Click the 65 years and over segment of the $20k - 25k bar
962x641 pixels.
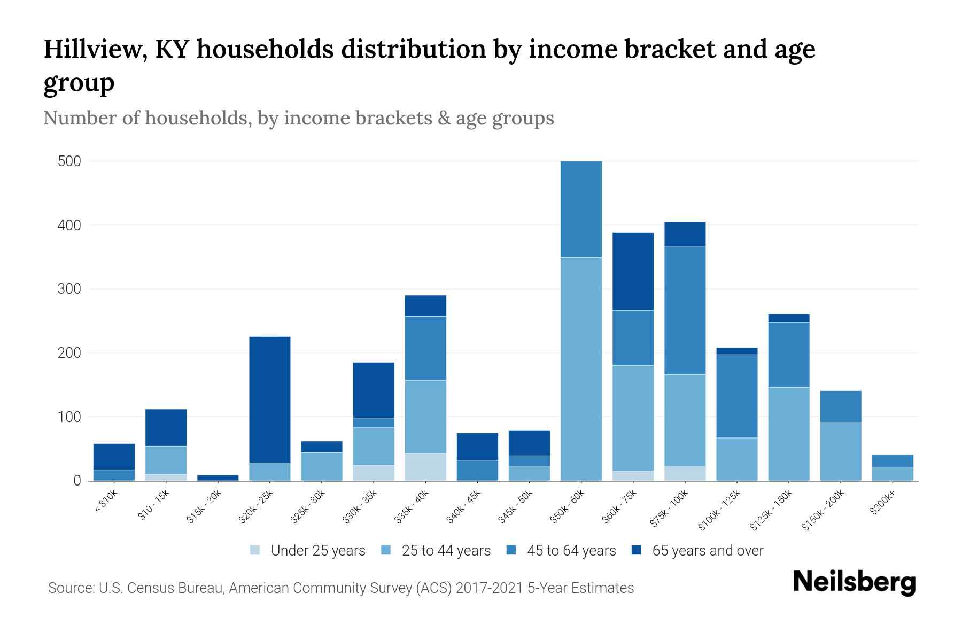270,399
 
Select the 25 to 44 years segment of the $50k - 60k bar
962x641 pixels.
581,369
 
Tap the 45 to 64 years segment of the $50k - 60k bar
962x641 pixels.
581,209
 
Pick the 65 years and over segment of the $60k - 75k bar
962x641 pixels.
633,271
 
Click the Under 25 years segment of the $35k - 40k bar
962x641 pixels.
425,467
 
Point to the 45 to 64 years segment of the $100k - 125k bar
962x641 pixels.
737,396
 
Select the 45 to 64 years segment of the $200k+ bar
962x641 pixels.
893,461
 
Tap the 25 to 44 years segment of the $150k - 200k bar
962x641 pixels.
841,451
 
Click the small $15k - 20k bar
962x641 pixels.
218,478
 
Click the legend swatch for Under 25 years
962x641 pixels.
255,550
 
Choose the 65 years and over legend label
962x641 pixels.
708,551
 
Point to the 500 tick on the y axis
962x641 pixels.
69,161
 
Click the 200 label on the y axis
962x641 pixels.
69,353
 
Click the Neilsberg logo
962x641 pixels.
855,582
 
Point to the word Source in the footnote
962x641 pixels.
70,588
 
